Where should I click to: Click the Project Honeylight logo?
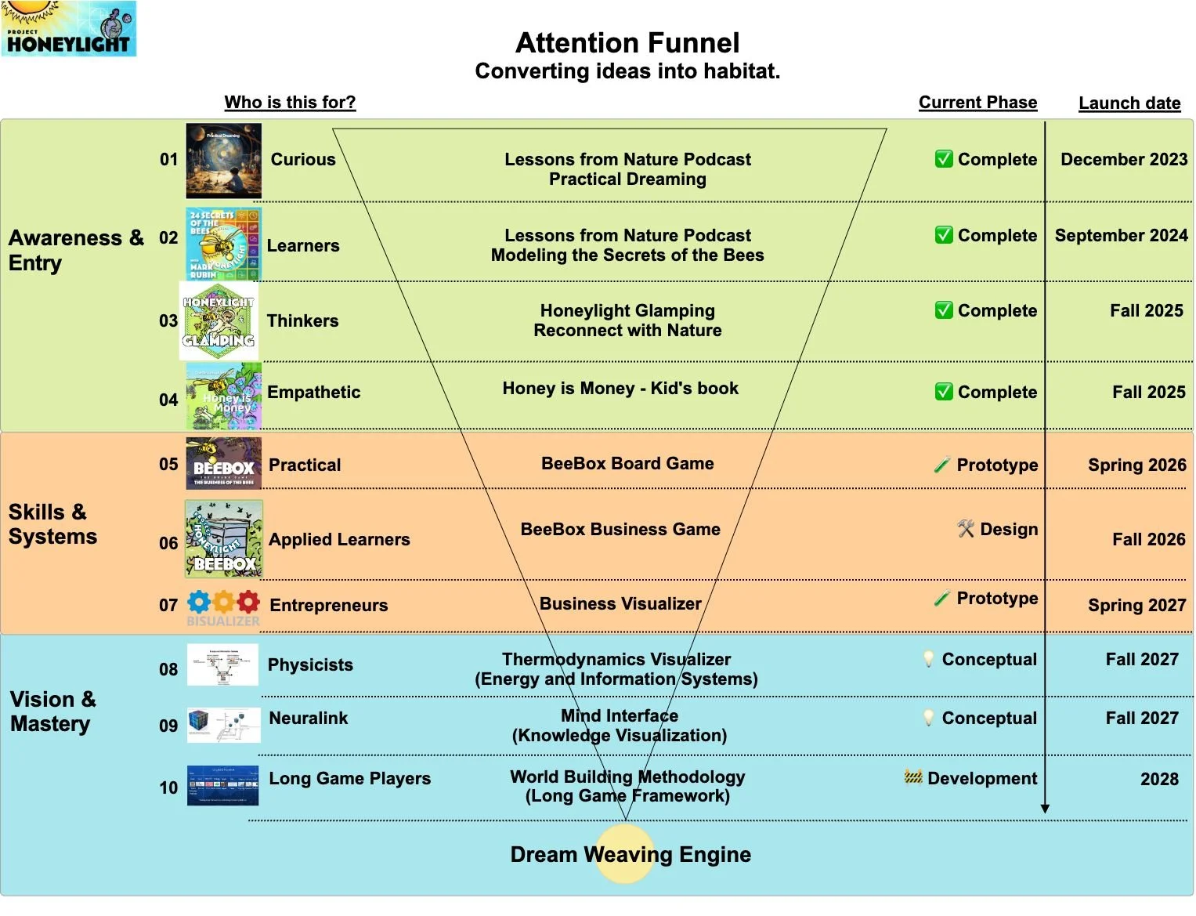tap(69, 28)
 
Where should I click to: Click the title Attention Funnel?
tap(627, 42)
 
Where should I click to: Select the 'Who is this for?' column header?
tap(290, 102)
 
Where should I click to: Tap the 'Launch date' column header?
tap(1129, 103)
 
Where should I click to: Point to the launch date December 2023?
tap(1123, 159)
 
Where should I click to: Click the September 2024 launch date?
tap(1121, 235)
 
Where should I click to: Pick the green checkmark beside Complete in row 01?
tap(944, 159)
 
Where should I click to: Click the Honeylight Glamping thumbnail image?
tap(219, 321)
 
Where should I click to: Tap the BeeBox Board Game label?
tap(627, 463)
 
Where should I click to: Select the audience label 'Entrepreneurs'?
tap(328, 605)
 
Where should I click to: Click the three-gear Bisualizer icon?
tap(223, 603)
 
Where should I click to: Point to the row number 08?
tap(168, 669)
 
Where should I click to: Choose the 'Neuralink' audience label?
tap(308, 718)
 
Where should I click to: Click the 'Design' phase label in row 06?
tap(1008, 529)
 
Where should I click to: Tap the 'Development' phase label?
tap(981, 778)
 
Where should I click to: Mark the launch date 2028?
tap(1159, 779)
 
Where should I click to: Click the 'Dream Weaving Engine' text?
tap(631, 854)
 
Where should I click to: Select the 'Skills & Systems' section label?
tap(52, 523)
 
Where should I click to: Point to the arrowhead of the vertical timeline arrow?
tap(1044, 809)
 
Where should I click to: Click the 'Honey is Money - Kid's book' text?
tap(620, 388)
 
